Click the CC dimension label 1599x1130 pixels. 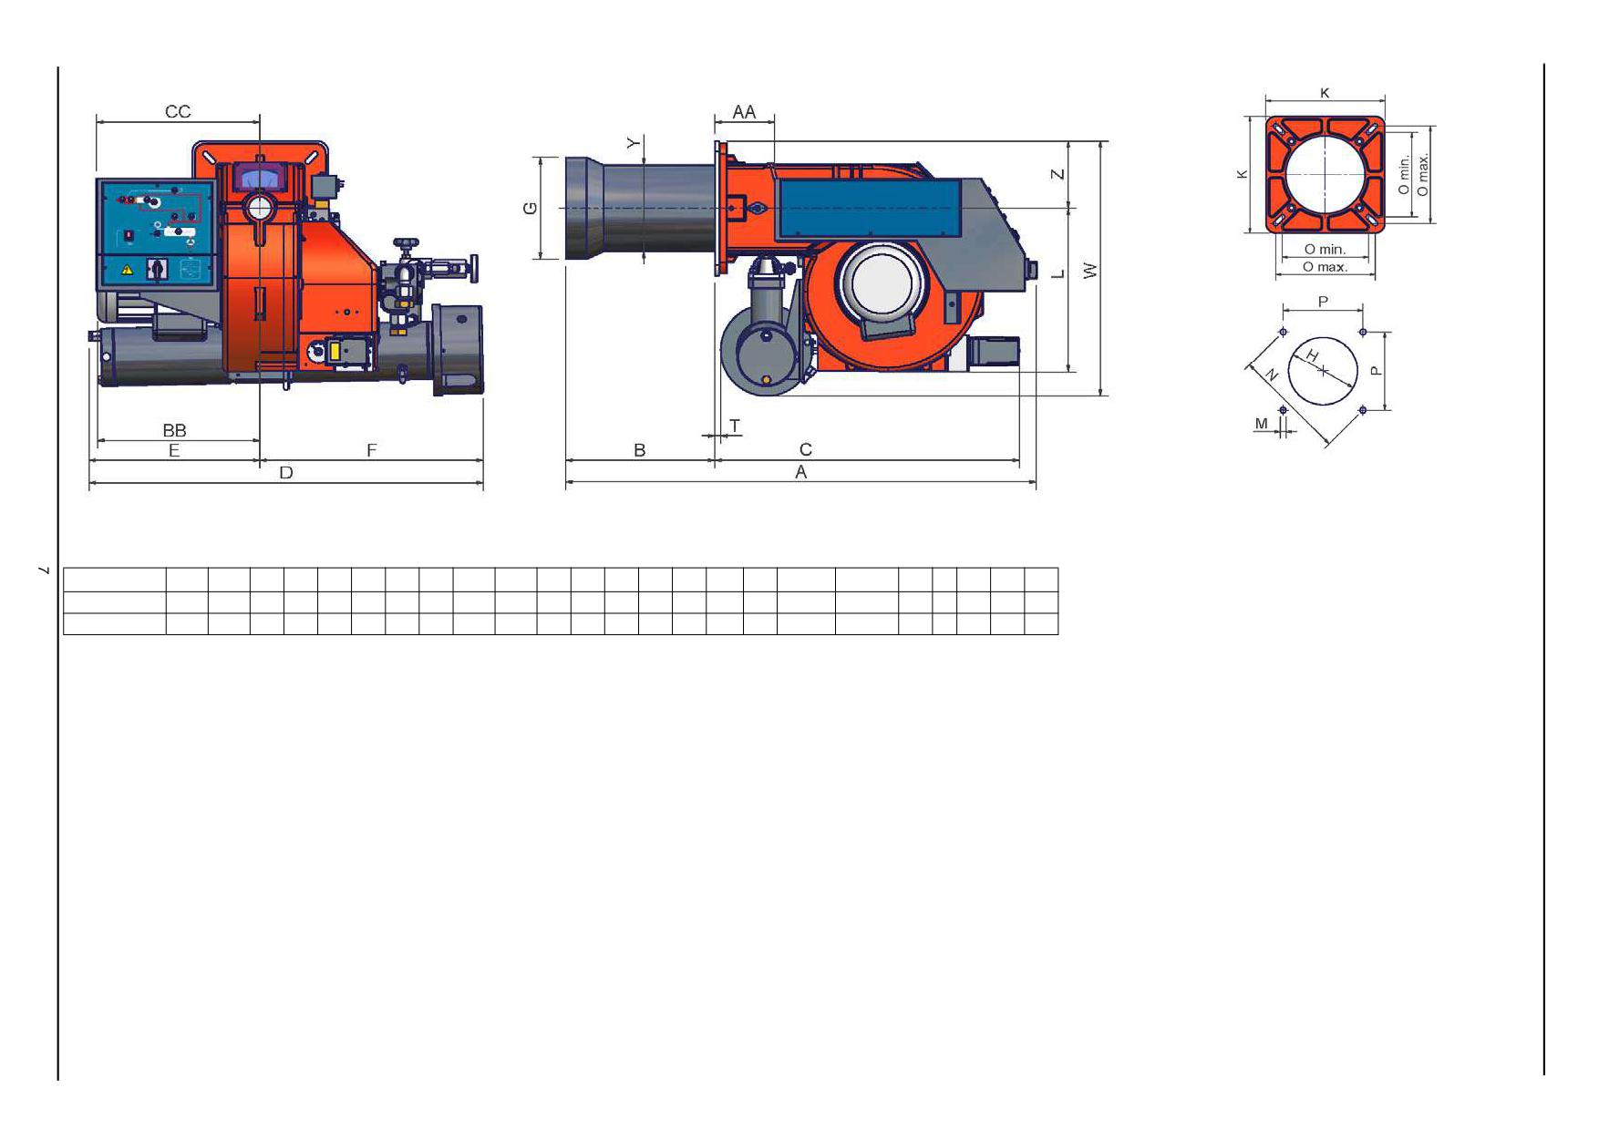click(x=178, y=111)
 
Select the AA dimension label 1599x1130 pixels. click(x=744, y=111)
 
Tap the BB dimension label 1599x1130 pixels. click(x=174, y=430)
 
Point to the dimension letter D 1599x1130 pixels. click(x=286, y=472)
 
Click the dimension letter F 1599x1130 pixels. click(x=371, y=450)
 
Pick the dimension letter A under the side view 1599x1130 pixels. click(x=801, y=472)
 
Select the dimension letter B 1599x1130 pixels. click(x=640, y=450)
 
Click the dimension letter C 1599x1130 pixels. click(x=805, y=449)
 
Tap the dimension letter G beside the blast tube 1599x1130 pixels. click(x=530, y=209)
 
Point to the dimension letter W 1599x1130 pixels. click(x=1090, y=271)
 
